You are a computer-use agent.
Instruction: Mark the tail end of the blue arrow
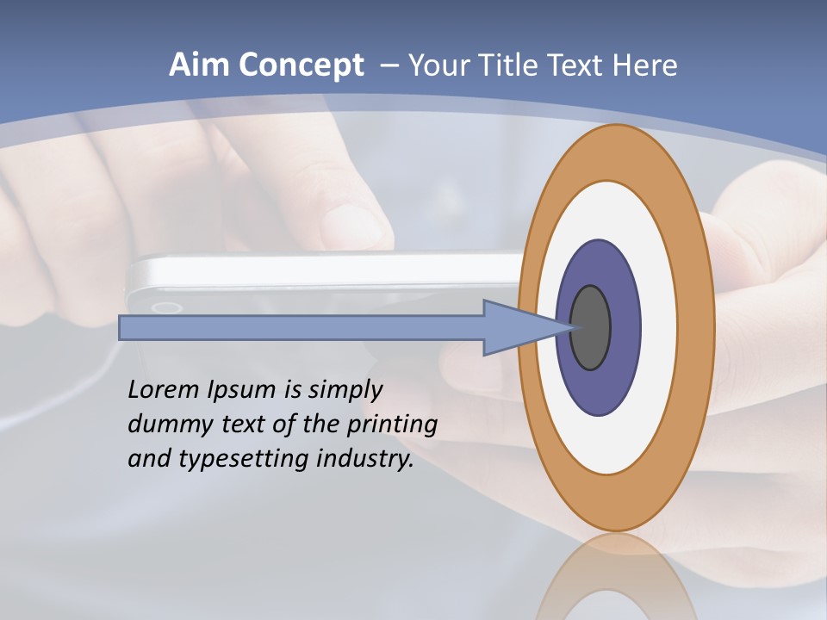coord(125,328)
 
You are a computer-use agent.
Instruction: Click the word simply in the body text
coord(345,390)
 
